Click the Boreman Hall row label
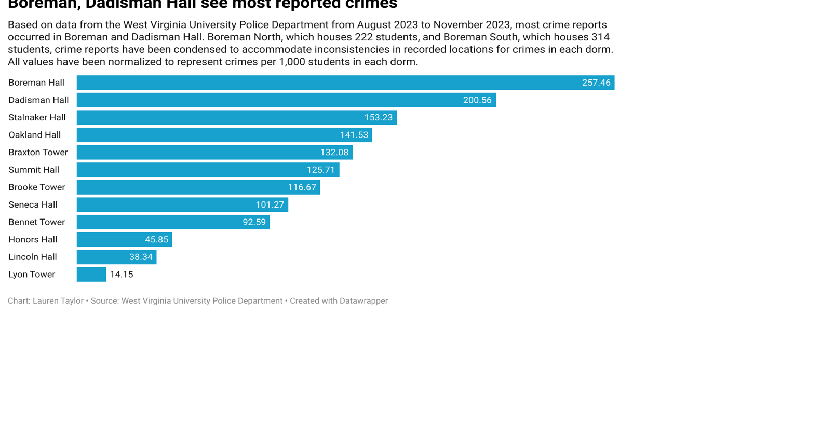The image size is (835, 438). click(36, 83)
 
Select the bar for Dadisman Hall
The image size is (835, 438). click(286, 100)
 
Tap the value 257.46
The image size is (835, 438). click(596, 83)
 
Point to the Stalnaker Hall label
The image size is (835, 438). click(37, 117)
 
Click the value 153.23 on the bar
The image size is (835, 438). click(378, 117)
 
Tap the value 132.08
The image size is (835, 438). click(334, 153)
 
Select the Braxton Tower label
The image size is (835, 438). click(38, 153)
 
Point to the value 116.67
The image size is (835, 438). click(302, 187)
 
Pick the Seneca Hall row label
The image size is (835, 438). click(33, 204)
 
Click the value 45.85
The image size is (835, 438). click(156, 240)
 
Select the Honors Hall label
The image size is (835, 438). click(33, 240)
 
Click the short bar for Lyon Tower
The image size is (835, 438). click(91, 275)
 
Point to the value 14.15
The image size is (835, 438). click(122, 275)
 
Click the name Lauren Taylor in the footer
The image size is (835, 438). click(58, 301)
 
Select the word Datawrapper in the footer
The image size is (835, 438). click(363, 301)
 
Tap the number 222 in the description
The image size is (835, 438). click(365, 37)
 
